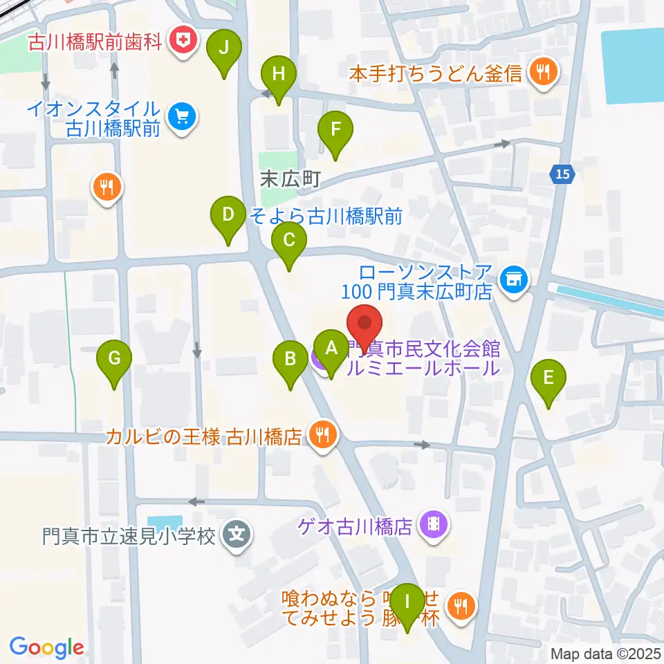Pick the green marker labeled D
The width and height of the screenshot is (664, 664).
(228, 214)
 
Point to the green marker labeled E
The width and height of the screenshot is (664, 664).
(548, 378)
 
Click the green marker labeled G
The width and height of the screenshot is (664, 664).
(115, 359)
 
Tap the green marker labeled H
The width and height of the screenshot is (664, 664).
(278, 74)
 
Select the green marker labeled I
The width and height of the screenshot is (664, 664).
(407, 601)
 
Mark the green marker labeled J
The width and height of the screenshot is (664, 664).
(223, 48)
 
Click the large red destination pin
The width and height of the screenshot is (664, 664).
(364, 324)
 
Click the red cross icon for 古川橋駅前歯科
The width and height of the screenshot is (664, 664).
(183, 42)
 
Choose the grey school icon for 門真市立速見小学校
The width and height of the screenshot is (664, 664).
(237, 535)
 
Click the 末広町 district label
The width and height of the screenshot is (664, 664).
(290, 180)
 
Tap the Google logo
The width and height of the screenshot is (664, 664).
(46, 647)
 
